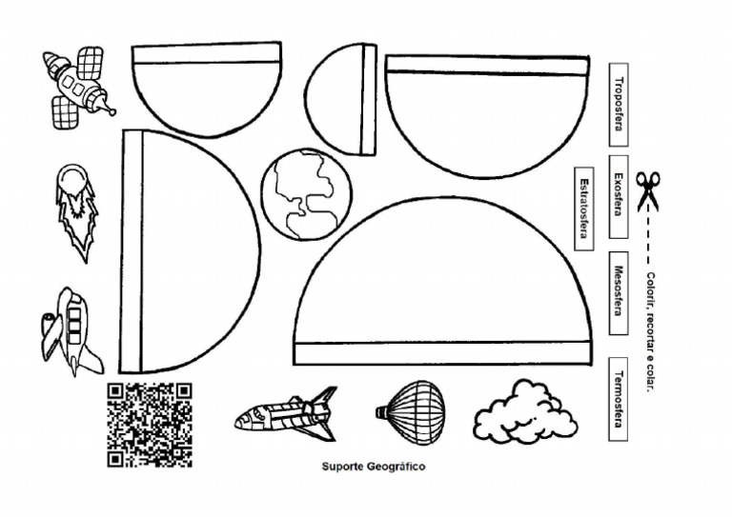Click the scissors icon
(x=648, y=190)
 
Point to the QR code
(x=149, y=424)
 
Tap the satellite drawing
(x=77, y=87)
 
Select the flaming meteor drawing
(x=75, y=209)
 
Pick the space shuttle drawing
(x=286, y=414)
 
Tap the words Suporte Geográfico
(x=373, y=467)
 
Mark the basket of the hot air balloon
(x=380, y=412)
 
